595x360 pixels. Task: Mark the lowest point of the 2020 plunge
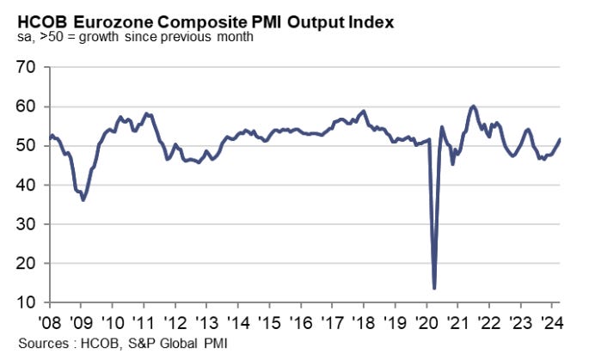pos(435,288)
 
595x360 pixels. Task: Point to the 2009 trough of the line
pos(83,199)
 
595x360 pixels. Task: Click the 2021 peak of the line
pos(474,107)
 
